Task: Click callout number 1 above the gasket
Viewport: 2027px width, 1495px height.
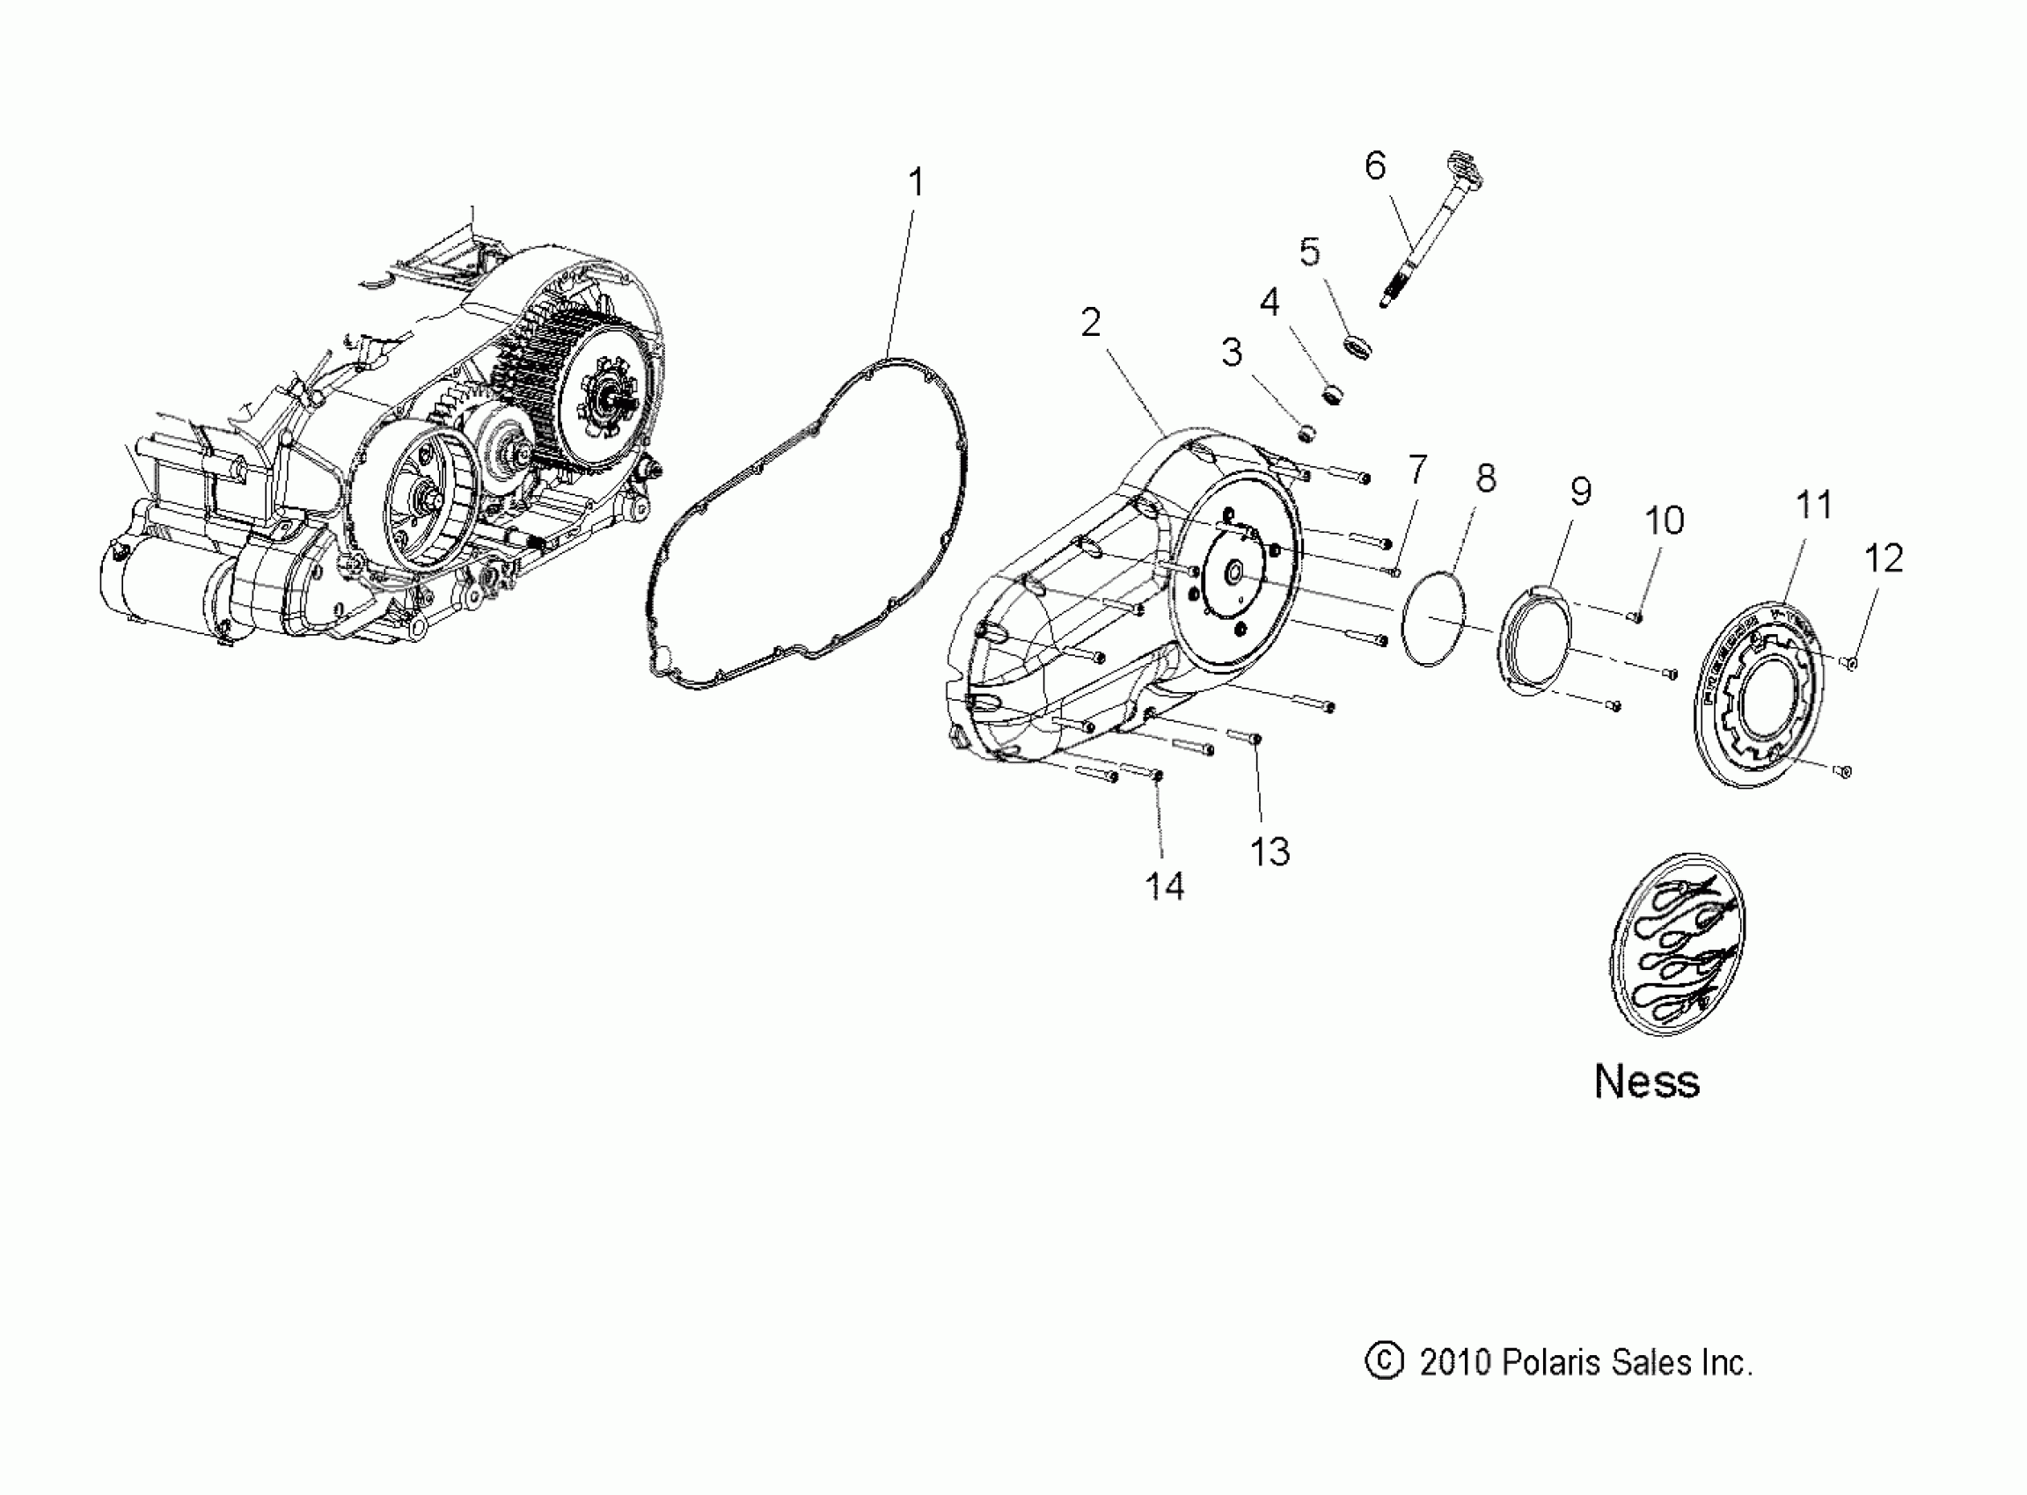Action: point(915,184)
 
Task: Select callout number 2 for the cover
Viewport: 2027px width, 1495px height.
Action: point(1091,323)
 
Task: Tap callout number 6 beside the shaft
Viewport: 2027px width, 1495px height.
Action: point(1374,166)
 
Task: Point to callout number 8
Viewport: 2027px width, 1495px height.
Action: point(1486,478)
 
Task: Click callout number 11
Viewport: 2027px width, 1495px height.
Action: point(1813,505)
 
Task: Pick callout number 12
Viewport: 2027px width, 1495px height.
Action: point(1884,558)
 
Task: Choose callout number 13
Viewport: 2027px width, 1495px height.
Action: point(1270,851)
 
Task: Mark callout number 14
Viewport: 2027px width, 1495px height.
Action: point(1164,886)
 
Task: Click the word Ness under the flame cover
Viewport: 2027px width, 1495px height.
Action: point(1647,1081)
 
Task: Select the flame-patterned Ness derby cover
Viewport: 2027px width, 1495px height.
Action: point(1678,944)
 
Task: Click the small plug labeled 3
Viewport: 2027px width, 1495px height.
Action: point(1306,435)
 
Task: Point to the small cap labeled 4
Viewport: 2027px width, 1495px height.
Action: point(1331,395)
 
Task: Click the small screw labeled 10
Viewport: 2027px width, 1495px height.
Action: point(1635,616)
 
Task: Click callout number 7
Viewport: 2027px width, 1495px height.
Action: point(1416,470)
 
